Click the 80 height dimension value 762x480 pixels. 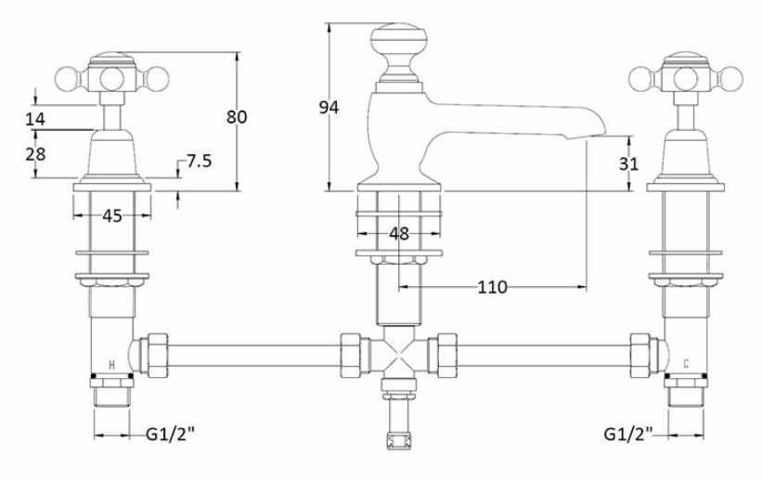(237, 117)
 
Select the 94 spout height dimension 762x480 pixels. (329, 107)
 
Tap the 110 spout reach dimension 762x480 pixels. (492, 287)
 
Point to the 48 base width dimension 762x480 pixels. (399, 234)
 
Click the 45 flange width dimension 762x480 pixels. (112, 216)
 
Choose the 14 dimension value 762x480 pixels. (35, 119)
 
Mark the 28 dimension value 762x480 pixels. (35, 154)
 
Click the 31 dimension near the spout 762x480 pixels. (628, 164)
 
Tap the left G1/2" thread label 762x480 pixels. (170, 434)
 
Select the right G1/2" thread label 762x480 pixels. (628, 434)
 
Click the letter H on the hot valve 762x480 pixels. (111, 365)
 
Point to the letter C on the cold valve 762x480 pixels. (686, 363)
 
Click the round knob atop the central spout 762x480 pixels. (399, 39)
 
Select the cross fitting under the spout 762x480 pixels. (398, 354)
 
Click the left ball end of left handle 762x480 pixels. (68, 79)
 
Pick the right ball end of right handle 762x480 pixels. (730, 79)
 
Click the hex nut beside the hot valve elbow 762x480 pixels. (158, 356)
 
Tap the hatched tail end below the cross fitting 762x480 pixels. (398, 441)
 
